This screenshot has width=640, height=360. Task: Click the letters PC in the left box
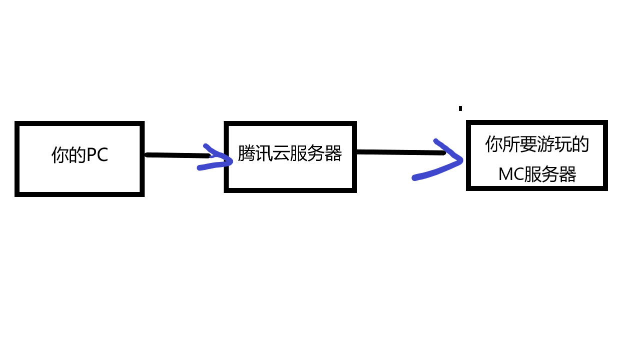[x=98, y=155]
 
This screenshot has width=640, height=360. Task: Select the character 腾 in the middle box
[x=246, y=153]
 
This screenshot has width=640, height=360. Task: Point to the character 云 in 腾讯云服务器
[x=281, y=153]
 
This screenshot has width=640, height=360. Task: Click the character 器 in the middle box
[x=333, y=153]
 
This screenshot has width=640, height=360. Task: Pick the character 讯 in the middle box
[x=263, y=153]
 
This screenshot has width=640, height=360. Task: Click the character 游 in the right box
[x=546, y=144]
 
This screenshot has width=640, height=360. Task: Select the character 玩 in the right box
[x=563, y=144]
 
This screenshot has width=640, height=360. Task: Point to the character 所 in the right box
[x=511, y=144]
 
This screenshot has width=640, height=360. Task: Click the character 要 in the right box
[x=528, y=144]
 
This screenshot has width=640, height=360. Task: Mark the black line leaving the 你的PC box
[x=175, y=155]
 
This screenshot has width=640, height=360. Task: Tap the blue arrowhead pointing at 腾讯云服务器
[x=220, y=159]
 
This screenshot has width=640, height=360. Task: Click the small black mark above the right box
[x=460, y=108]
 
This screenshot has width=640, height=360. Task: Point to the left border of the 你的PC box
[x=17, y=158]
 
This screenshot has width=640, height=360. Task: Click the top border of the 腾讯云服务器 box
[x=290, y=123]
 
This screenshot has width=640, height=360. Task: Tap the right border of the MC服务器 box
[x=605, y=155]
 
